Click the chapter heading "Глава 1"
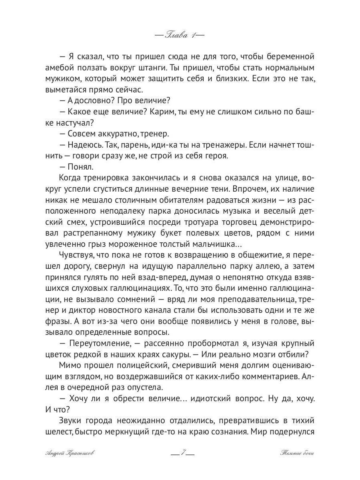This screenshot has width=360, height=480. [180, 35]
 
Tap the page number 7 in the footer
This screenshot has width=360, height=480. [182, 453]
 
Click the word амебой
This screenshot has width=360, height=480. [59, 67]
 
